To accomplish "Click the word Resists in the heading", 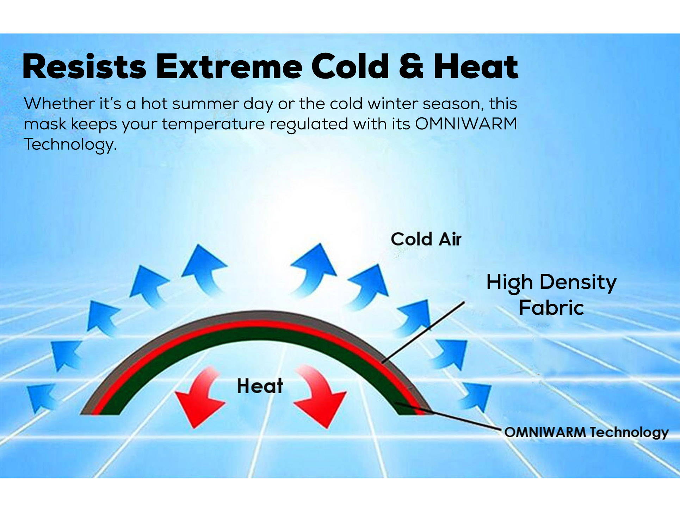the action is (84, 66).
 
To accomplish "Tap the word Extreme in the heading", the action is (229, 66).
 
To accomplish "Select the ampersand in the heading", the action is (411, 66).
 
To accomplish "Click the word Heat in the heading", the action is (476, 66).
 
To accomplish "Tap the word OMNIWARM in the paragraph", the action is (466, 124).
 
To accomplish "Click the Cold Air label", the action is (426, 239).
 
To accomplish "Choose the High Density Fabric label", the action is (551, 295).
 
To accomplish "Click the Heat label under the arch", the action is (260, 386).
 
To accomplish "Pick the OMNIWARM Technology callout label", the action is (586, 432).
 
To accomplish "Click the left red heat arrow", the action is (199, 397).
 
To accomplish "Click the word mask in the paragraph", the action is (45, 124).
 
